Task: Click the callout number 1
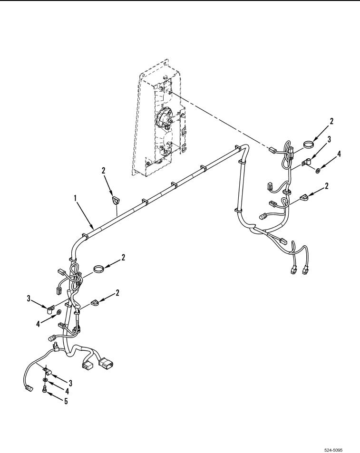[x=75, y=198]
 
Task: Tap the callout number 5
[x=66, y=401]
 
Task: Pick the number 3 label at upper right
[x=329, y=139]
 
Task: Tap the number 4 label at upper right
[x=339, y=154]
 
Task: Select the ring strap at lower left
[x=98, y=269]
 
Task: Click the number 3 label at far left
[x=29, y=299]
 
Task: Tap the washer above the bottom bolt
[x=46, y=379]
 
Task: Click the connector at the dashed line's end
[x=273, y=150]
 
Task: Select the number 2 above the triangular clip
[x=104, y=171]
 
